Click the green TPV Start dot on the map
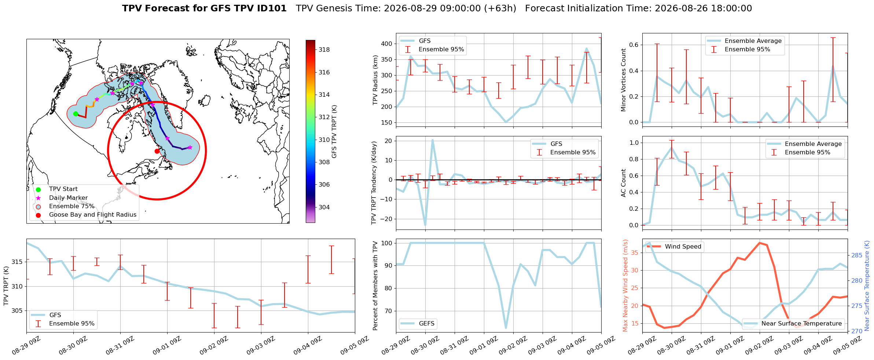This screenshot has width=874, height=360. coord(76,114)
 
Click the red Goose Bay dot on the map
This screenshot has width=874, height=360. coord(157,151)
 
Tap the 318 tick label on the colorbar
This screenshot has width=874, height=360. coord(324,50)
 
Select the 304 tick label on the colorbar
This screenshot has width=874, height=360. coord(324,207)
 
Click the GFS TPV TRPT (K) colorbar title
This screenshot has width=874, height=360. coord(334,132)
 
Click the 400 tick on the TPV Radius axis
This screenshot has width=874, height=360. coord(387,44)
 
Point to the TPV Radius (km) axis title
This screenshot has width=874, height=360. coord(375,80)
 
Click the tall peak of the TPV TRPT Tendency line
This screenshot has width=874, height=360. coord(433,140)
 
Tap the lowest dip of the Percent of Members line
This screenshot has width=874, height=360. coord(506,328)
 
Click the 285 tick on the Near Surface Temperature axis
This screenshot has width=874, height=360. coord(855,255)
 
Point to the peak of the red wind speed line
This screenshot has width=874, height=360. coord(760,243)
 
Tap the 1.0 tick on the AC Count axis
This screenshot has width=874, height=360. coord(635,143)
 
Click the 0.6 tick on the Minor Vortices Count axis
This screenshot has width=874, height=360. coord(635,45)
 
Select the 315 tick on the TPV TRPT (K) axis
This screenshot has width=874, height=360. coord(17,262)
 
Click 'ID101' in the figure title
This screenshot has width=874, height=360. coord(272,8)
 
